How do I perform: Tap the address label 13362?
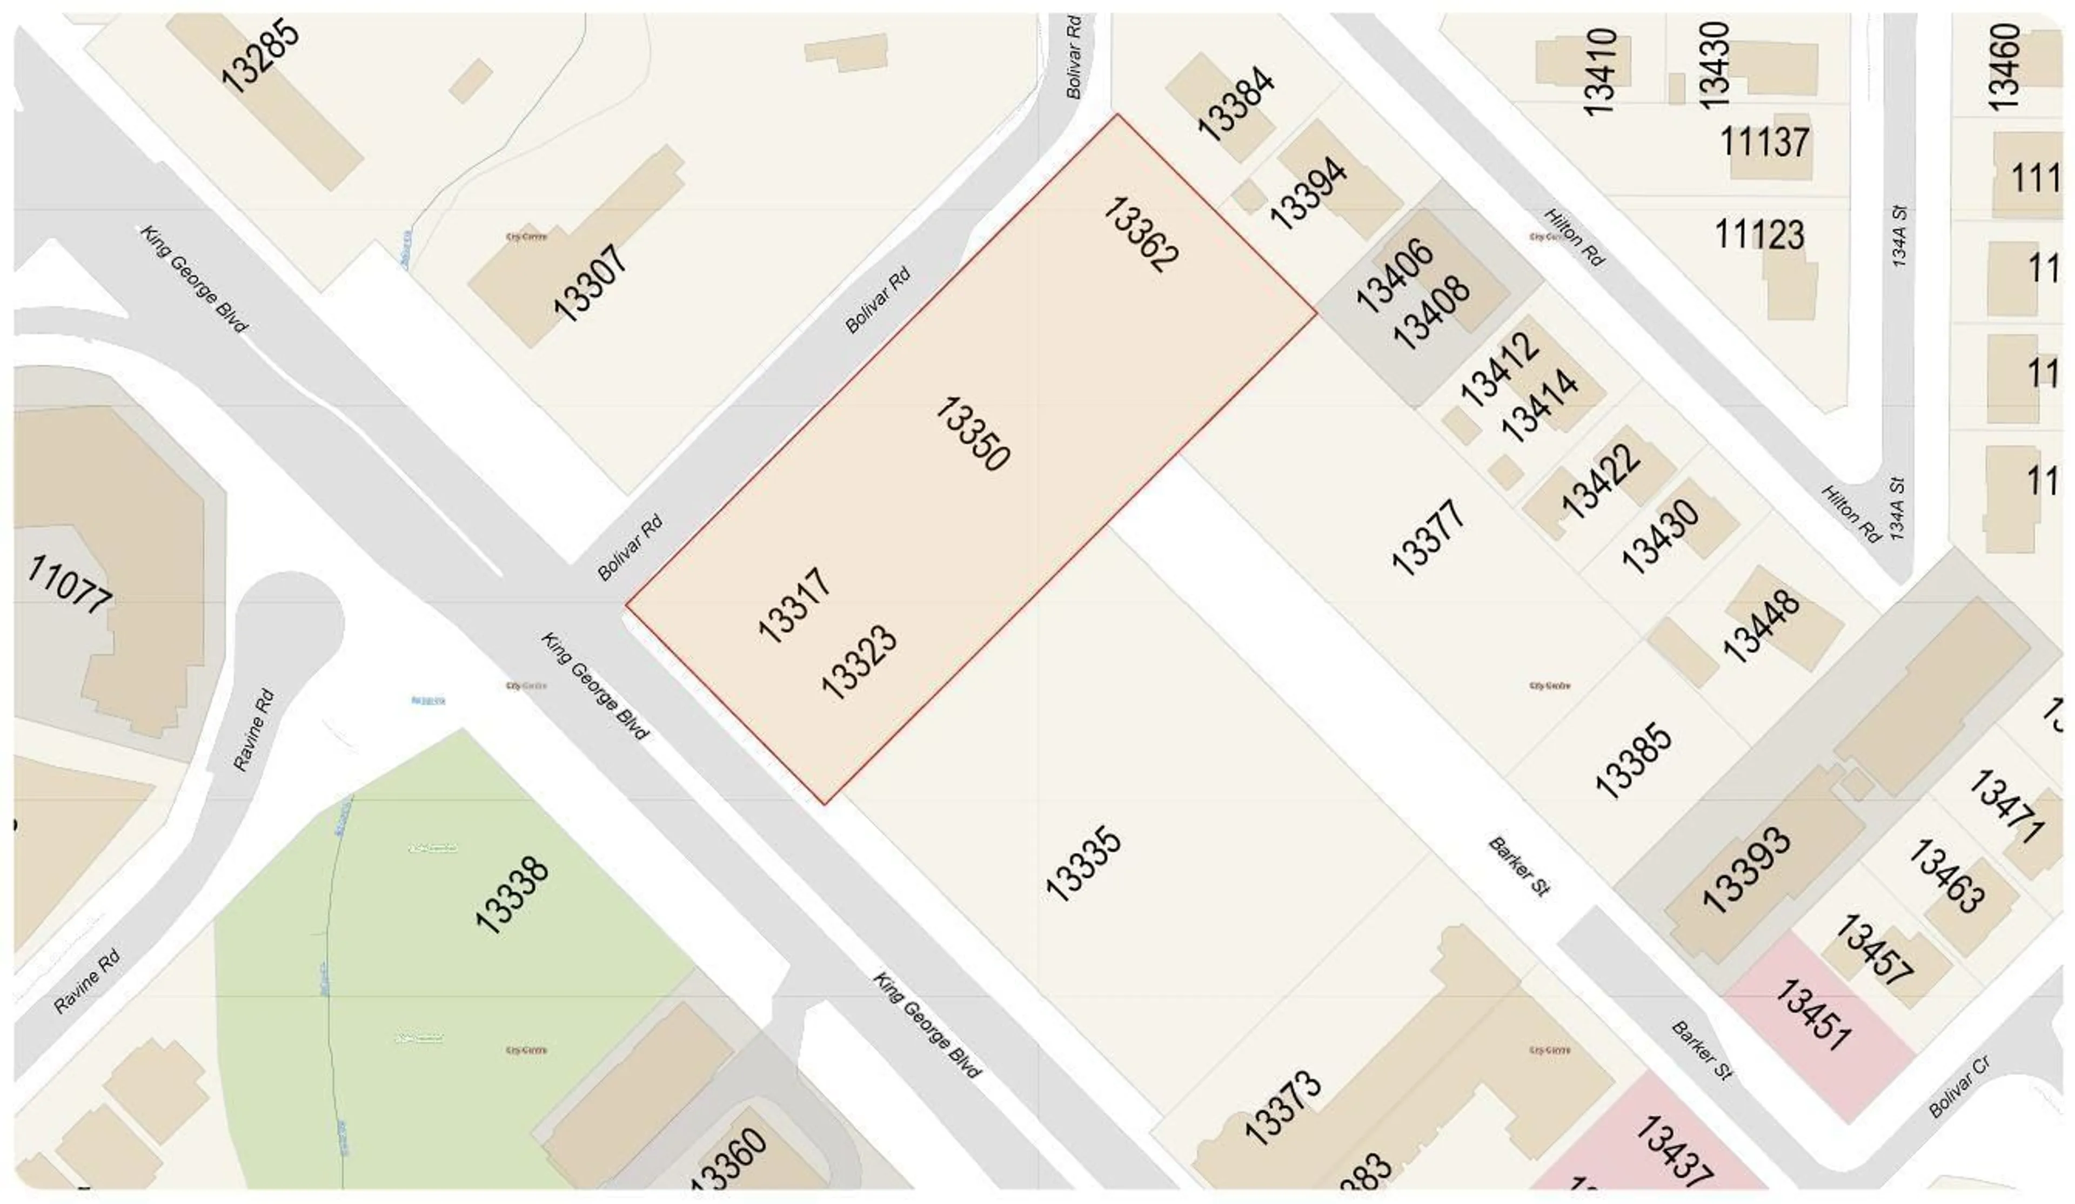pyautogui.click(x=1140, y=234)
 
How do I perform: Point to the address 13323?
pyautogui.click(x=859, y=662)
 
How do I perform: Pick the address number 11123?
pyautogui.click(x=1759, y=234)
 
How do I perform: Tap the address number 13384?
pyautogui.click(x=1235, y=102)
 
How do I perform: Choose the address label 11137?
pyautogui.click(x=1764, y=143)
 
